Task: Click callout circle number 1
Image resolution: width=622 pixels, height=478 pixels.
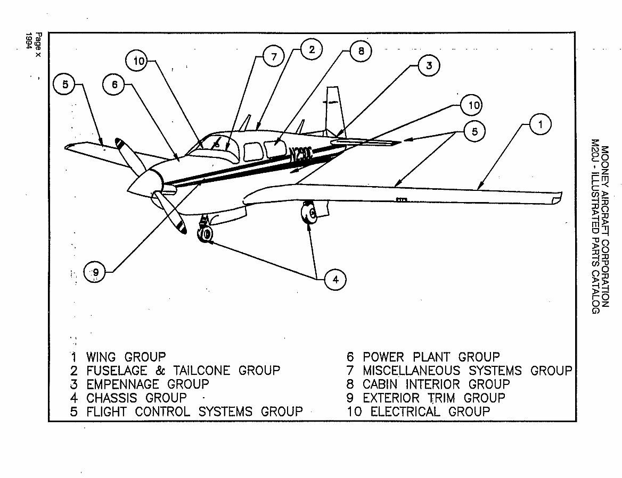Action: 540,125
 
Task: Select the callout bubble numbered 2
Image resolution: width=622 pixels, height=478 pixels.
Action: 312,50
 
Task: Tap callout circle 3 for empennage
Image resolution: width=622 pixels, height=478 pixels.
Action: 428,66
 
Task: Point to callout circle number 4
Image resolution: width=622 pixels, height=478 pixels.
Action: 335,279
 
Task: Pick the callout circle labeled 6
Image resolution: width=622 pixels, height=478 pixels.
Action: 114,85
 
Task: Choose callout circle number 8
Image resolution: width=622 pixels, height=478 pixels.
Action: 361,52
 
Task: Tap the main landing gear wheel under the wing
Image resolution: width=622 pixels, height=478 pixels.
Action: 309,214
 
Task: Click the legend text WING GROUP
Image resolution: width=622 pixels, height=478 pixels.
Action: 126,356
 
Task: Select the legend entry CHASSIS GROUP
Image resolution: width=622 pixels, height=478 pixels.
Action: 136,398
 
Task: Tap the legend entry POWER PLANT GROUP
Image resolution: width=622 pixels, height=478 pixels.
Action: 431,356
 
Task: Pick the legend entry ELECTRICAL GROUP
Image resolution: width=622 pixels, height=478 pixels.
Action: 430,411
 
